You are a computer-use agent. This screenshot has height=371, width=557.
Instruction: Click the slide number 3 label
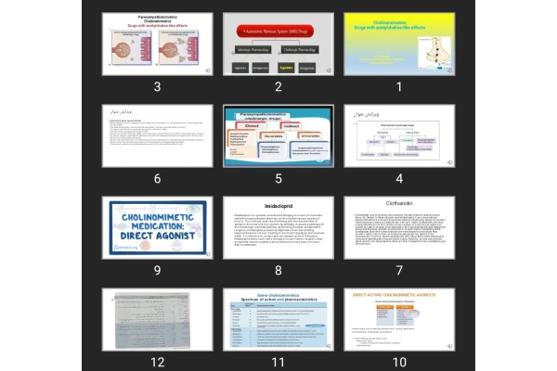[158, 87]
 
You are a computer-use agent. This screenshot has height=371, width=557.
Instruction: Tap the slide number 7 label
[399, 270]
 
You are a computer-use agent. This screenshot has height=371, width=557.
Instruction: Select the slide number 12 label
[158, 362]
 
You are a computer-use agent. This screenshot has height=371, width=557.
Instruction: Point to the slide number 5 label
[278, 179]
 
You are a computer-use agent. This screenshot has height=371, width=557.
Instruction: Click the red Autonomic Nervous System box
[278, 31]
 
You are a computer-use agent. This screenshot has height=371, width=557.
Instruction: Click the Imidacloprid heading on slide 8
[278, 206]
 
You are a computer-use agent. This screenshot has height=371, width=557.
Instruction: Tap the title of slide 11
[278, 297]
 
